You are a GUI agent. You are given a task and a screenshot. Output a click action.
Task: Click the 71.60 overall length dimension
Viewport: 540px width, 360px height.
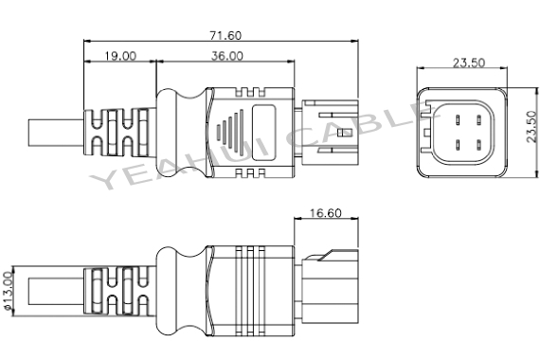(x=225, y=35)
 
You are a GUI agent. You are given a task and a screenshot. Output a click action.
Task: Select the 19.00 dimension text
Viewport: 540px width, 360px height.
(x=118, y=56)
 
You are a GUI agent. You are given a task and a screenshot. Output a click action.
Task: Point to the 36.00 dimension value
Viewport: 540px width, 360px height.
(x=227, y=56)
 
